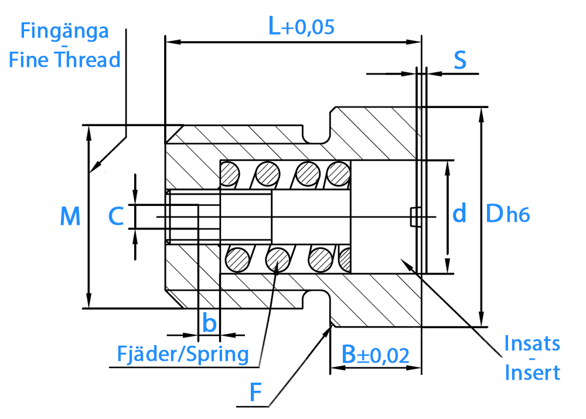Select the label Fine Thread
(x=64, y=59)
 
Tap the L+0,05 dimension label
(x=301, y=26)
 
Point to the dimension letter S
(x=460, y=60)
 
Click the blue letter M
(x=70, y=216)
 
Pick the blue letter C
(x=116, y=216)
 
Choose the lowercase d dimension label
(x=459, y=213)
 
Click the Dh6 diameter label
(x=507, y=214)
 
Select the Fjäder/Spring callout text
(x=183, y=354)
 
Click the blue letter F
(x=255, y=392)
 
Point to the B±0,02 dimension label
(x=375, y=354)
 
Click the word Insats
(x=532, y=343)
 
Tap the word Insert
(x=532, y=372)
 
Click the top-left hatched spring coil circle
(x=230, y=174)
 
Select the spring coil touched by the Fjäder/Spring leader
(x=278, y=259)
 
